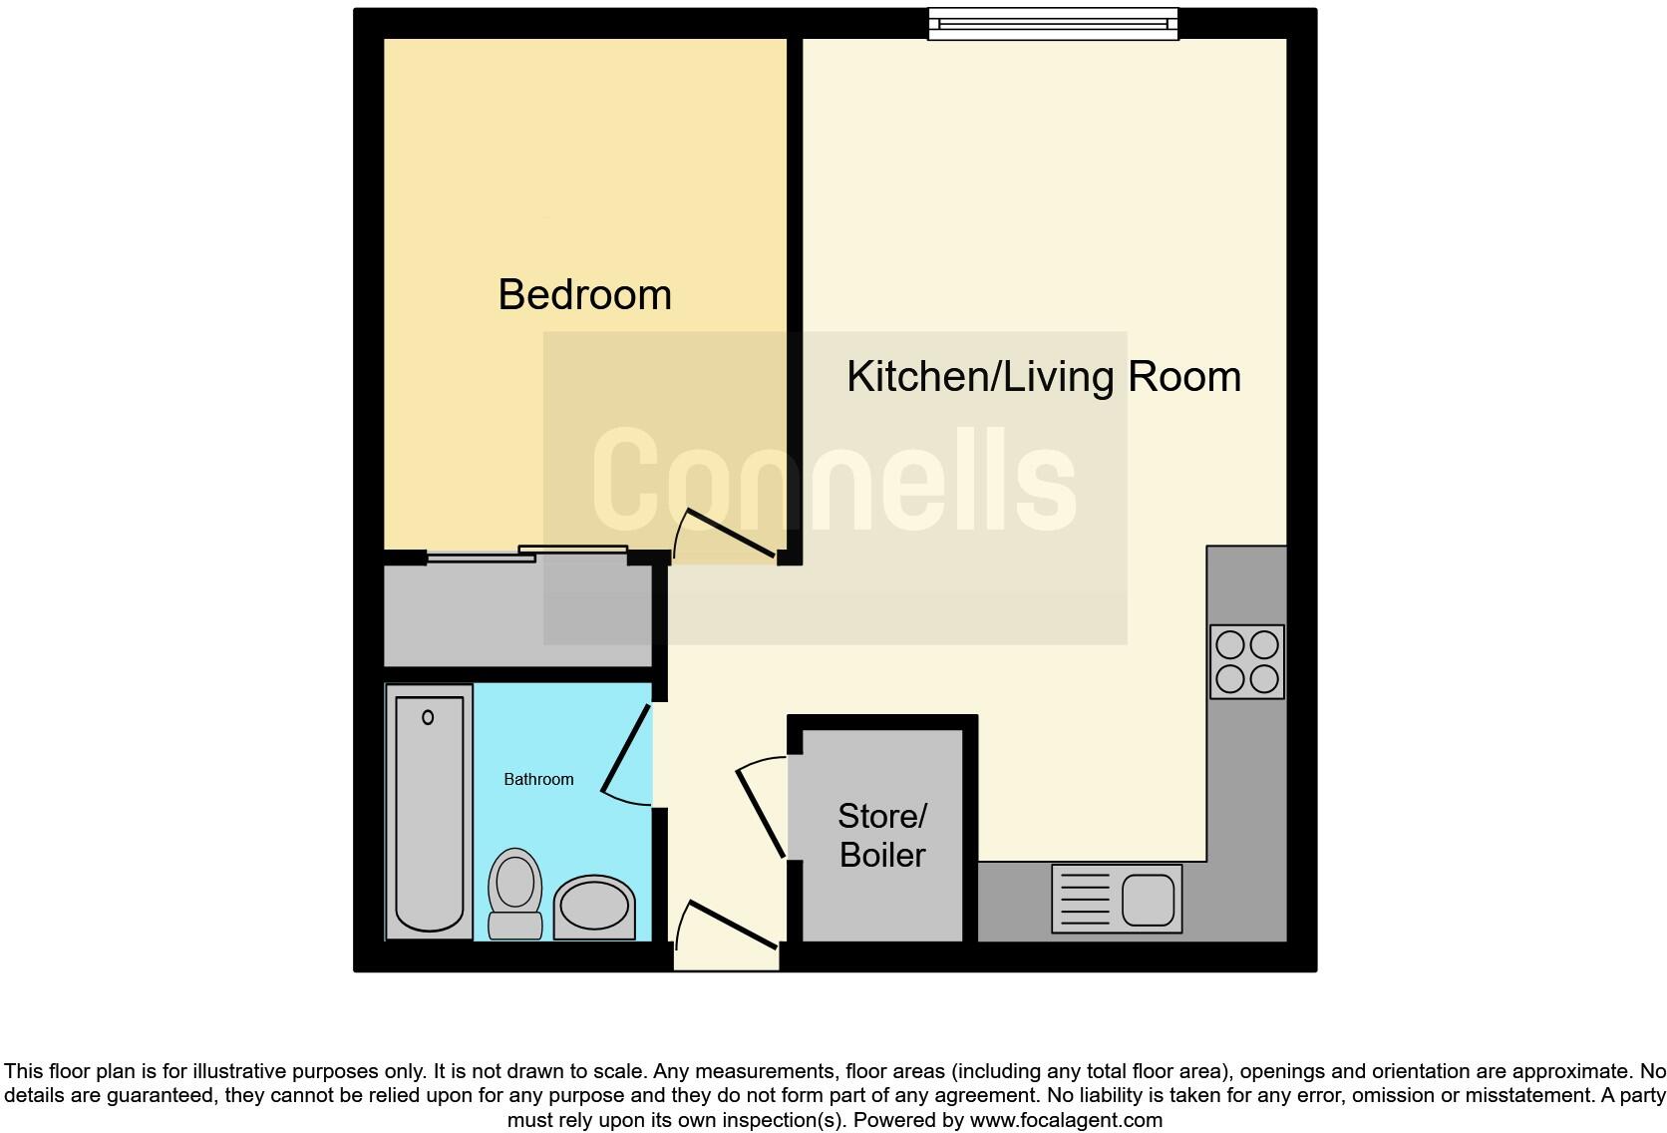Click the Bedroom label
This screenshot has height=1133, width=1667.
(x=584, y=295)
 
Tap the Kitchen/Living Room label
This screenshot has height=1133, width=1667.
(x=1043, y=377)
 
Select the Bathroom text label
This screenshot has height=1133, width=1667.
(x=538, y=779)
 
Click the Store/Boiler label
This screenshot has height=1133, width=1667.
(x=882, y=835)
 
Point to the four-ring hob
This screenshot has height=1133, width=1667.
(x=1246, y=661)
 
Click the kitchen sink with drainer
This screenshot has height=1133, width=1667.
(x=1117, y=899)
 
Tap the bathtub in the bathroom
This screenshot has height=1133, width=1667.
(x=430, y=811)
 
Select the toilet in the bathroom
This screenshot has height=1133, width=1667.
(x=514, y=893)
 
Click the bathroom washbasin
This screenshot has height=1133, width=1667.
(x=594, y=908)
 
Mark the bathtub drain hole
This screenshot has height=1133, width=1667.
(x=429, y=717)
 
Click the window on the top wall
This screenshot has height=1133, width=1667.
(x=1053, y=24)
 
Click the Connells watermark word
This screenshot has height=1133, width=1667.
(x=834, y=479)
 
